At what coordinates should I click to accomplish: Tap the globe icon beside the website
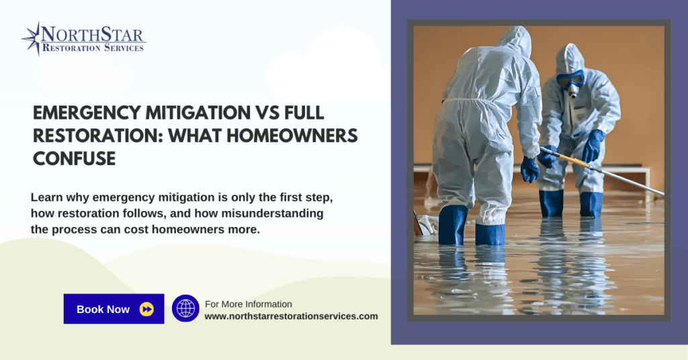point(185,308)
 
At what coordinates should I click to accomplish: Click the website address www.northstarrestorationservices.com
point(291,316)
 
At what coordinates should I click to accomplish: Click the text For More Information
point(248,304)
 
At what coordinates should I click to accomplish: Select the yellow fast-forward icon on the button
point(146,309)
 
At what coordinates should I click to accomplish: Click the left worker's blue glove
point(529,169)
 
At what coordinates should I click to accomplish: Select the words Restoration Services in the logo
point(93,48)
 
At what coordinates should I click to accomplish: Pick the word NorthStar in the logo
point(93,34)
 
